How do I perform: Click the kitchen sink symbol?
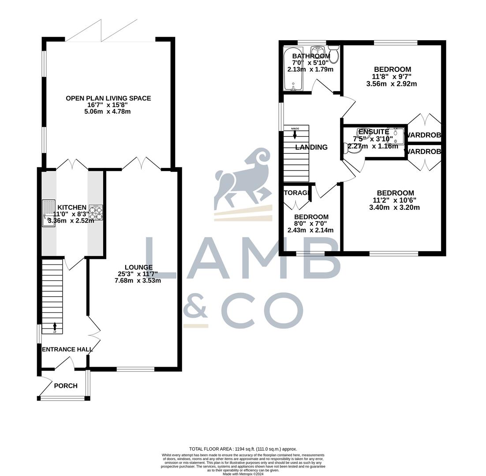pos(49,213)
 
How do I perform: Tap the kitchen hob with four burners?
pos(96,213)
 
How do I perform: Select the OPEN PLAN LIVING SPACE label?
pos(108,98)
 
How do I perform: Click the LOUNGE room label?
pos(138,267)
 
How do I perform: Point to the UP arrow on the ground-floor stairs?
pos(55,327)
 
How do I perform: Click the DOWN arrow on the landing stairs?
pos(295,134)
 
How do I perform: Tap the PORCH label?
pos(66,386)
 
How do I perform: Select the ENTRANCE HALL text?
pos(67,350)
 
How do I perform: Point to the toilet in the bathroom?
pos(334,54)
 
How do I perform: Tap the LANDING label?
pos(311,147)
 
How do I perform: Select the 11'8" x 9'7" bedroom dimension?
pos(392,77)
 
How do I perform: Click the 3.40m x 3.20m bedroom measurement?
pos(394,208)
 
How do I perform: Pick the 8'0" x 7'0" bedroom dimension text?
pos(311,223)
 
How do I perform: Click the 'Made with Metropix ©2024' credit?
pos(243,474)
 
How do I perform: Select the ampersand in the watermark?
pos(195,305)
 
